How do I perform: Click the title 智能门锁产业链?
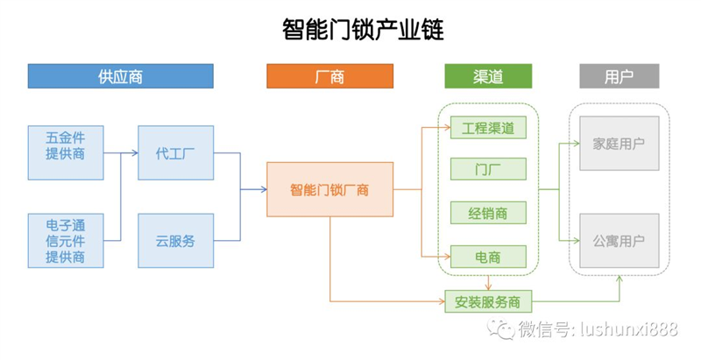(363, 30)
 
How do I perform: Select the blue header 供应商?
(121, 76)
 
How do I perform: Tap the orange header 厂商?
(330, 76)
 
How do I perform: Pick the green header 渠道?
(488, 76)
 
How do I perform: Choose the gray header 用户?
(620, 76)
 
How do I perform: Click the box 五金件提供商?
(66, 152)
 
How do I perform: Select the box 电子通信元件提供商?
(66, 241)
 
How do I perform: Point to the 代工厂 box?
(176, 152)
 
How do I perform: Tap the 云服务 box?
(176, 241)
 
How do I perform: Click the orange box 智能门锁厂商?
(330, 189)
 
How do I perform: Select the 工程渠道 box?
(488, 128)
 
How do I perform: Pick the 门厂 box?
(488, 169)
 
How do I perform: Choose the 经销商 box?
(488, 213)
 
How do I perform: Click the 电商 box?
(488, 257)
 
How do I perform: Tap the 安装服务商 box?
(488, 301)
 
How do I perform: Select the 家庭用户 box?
(620, 144)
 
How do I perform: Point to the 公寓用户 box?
(620, 241)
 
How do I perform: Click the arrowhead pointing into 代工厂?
(135, 152)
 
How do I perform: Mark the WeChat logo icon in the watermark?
(500, 328)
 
